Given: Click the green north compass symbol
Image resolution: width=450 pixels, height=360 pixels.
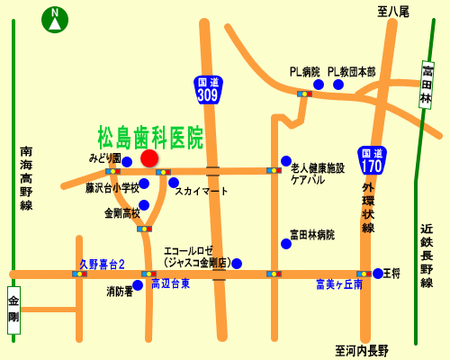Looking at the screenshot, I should coord(56,19).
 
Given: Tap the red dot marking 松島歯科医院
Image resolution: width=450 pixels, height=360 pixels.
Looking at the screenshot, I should coord(149,158).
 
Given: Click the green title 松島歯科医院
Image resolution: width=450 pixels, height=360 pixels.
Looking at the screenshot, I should coord(151,137).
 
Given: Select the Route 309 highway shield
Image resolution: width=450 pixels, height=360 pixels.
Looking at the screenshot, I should coord(208,88).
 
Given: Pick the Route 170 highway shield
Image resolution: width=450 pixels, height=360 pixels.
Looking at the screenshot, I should coord(371,160).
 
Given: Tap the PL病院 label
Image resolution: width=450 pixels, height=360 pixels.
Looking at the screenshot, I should coord(305,71).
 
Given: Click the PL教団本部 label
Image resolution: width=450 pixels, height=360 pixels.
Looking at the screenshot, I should coord(352,71).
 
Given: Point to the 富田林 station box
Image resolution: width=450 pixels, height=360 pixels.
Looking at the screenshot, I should coord(427,85).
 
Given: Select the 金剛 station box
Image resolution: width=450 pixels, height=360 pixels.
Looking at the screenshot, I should coord(13,310).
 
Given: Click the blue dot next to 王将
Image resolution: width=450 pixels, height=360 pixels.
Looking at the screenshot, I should coord(378,273).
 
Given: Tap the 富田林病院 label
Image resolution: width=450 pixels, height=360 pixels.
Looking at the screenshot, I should coord(312,234).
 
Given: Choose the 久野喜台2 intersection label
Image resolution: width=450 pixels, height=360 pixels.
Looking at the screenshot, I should coord(102,264).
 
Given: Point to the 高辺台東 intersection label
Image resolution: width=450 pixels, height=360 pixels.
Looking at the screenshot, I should coord(170,283).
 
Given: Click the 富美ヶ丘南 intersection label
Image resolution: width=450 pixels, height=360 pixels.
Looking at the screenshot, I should coord(339,283).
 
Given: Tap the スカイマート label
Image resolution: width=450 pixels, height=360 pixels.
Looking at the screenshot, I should coord(202,191).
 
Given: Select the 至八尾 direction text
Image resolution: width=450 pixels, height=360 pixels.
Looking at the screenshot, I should coord(393,11).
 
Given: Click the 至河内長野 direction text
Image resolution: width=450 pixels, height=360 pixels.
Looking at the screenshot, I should coord(362,350).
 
